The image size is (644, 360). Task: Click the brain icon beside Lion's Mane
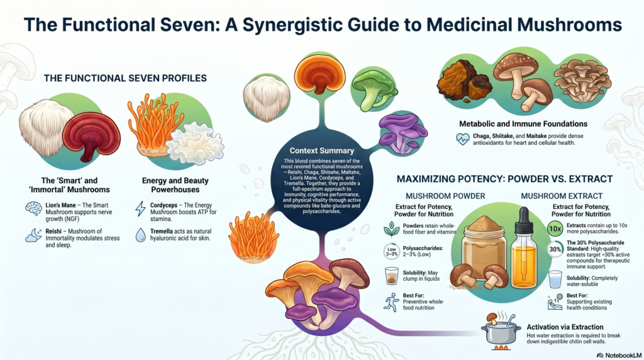pos(33,209)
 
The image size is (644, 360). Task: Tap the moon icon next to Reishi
pos(33,235)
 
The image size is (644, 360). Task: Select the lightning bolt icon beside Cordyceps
pos(140,209)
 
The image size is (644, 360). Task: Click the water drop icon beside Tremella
pos(140,235)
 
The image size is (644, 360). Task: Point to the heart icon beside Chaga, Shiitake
pos(463,139)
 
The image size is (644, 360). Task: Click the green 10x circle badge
pos(555,228)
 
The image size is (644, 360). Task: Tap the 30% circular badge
pos(555,249)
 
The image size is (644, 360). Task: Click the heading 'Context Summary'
pos(321,151)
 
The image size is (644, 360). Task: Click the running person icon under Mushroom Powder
pos(391,302)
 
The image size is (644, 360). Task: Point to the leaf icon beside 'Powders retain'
pos(391,229)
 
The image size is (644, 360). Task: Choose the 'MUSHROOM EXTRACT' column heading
pos(562,196)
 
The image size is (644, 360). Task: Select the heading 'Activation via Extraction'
pos(565,327)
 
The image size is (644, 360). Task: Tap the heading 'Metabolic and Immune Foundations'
pos(523,124)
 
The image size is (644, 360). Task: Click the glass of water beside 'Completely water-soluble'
pos(555,279)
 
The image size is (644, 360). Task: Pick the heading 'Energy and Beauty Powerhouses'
pos(175,185)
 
